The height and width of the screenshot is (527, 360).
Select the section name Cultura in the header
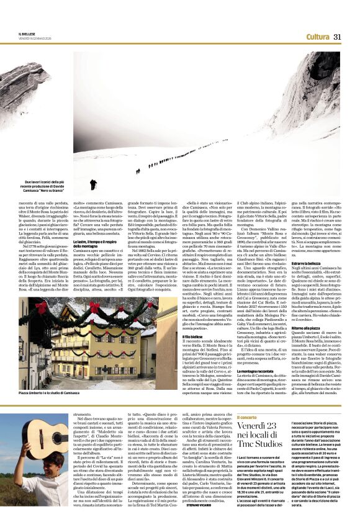[317, 37]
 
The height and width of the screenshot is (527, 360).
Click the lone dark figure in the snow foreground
[92, 184]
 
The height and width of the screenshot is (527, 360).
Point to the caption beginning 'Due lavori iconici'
[45, 185]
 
